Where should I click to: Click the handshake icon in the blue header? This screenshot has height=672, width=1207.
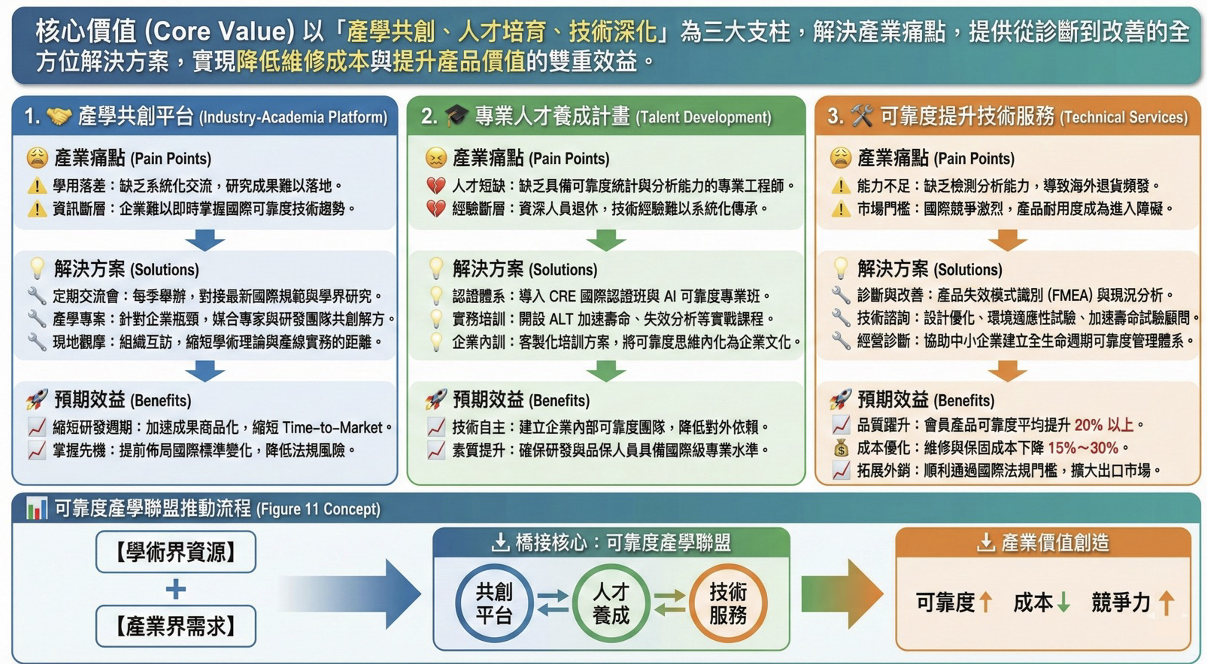pyautogui.click(x=59, y=116)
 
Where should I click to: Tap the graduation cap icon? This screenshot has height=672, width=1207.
pyautogui.click(x=456, y=116)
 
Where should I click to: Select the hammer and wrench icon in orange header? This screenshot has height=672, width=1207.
pyautogui.click(x=862, y=116)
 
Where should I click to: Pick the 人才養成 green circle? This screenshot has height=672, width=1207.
pyautogui.click(x=611, y=603)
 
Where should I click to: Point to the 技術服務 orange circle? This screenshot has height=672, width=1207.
pyautogui.click(x=728, y=603)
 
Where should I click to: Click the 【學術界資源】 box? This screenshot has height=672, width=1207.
pyautogui.click(x=176, y=552)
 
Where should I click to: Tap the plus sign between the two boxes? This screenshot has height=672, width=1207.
pyautogui.click(x=176, y=589)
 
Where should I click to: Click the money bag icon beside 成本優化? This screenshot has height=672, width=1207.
pyautogui.click(x=841, y=448)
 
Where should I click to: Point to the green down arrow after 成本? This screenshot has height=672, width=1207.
pyautogui.click(x=1064, y=602)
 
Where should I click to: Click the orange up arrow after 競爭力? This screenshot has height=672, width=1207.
pyautogui.click(x=1166, y=602)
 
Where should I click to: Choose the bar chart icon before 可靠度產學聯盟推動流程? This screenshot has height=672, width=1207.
pyautogui.click(x=37, y=509)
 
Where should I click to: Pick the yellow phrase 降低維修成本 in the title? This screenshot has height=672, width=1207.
pyautogui.click(x=302, y=61)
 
